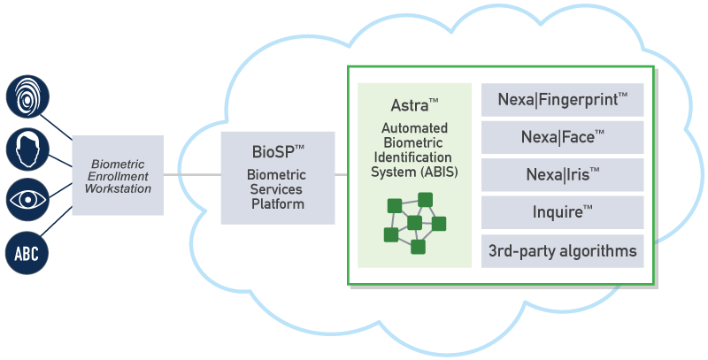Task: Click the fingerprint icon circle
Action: coord(28,96)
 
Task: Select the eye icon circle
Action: coord(28,201)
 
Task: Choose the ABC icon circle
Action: coord(28,253)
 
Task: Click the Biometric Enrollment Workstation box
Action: coord(118,175)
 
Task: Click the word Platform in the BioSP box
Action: coord(275,204)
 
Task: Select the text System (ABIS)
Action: coord(414,172)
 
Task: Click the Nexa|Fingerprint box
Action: coord(562,101)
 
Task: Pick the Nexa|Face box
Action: coord(562,138)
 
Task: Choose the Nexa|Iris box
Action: coord(562,175)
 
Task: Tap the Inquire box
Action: coord(562,212)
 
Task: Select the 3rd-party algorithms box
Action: coord(562,251)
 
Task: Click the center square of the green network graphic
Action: coord(414,222)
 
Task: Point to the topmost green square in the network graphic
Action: coord(426,199)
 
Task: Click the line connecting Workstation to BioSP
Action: coord(192,175)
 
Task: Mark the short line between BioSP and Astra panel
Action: coord(342,175)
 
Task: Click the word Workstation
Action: coord(118,188)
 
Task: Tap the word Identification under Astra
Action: coord(414,157)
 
